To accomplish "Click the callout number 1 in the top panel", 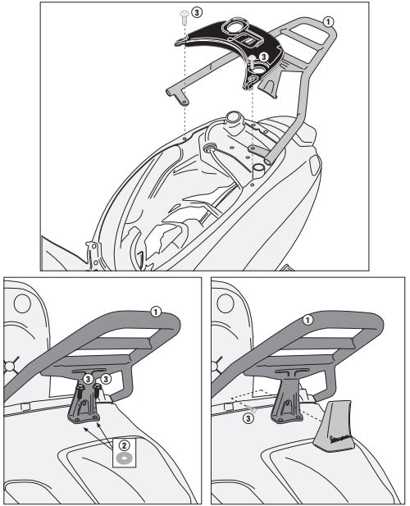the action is pyautogui.click(x=328, y=22).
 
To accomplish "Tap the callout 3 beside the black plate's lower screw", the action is pyautogui.click(x=264, y=57).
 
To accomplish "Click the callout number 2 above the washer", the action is pyautogui.click(x=124, y=445).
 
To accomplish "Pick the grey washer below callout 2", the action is pyautogui.click(x=124, y=458).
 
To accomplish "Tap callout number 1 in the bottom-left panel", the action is pyautogui.click(x=156, y=312).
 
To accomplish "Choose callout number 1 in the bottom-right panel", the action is pyautogui.click(x=307, y=320).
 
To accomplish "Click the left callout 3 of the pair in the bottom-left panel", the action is pyautogui.click(x=88, y=378).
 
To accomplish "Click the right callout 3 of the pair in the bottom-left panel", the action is pyautogui.click(x=105, y=378).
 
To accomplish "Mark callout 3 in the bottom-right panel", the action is pyautogui.click(x=248, y=419).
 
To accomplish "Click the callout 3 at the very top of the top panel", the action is pyautogui.click(x=197, y=12).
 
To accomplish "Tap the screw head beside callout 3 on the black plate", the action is pyautogui.click(x=253, y=59).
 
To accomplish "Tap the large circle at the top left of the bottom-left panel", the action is pyautogui.click(x=22, y=303).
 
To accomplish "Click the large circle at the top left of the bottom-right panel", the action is pyautogui.click(x=225, y=303).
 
